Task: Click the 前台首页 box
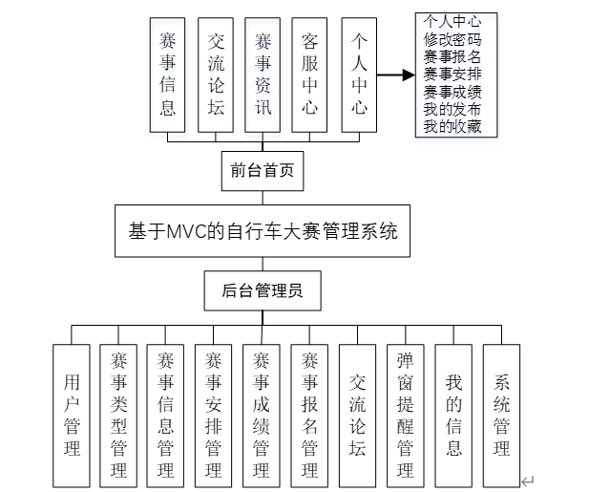pyautogui.click(x=262, y=173)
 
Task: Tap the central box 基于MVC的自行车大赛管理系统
pyautogui.click(x=262, y=230)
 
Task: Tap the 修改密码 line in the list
pyautogui.click(x=452, y=40)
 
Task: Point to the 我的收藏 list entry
pyautogui.click(x=452, y=126)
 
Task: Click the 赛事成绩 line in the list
pyautogui.click(x=452, y=92)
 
